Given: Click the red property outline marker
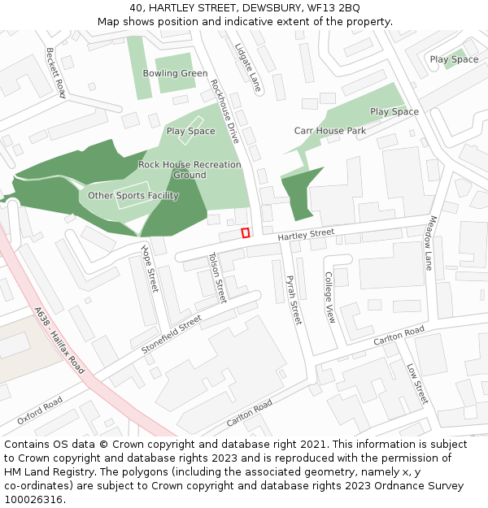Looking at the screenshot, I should click(245, 233).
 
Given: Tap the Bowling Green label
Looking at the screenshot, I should click(175, 73).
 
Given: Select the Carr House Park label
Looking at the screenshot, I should click(329, 131).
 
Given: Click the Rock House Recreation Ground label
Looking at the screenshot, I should click(190, 170).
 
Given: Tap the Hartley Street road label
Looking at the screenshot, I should click(306, 234).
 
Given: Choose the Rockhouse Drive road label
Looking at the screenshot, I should click(224, 111).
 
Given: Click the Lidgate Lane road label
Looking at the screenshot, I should click(247, 67).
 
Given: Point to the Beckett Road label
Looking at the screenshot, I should click(54, 72).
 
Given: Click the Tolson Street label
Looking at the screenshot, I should click(217, 277).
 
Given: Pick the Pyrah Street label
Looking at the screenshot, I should click(293, 300).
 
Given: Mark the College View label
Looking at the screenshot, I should click(329, 297).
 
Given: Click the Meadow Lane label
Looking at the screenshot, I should click(431, 242).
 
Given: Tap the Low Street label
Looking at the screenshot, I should click(416, 383).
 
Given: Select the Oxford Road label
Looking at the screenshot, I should click(39, 410).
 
